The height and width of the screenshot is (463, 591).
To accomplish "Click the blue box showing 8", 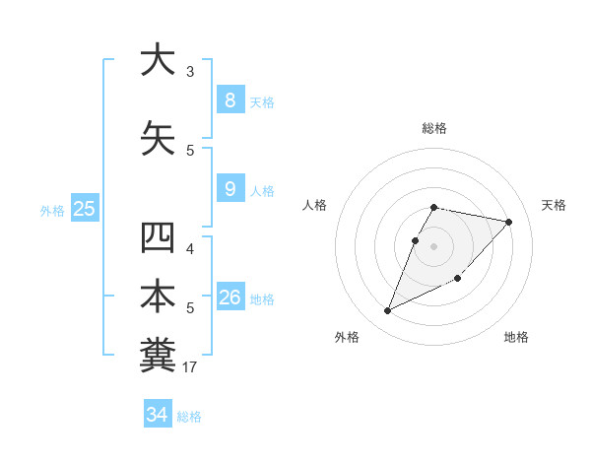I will pos(230,99).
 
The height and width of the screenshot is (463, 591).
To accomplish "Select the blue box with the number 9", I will pos(230,189).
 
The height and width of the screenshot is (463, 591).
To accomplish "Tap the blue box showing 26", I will pos(230,297).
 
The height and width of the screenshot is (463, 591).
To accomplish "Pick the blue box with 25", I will pos(84,209).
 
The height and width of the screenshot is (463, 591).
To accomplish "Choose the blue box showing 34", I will pos(157,415).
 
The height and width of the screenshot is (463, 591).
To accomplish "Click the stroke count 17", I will pos(190,367).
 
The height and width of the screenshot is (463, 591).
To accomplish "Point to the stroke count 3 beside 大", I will pos(190,71).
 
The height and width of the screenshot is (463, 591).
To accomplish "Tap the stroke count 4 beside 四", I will pos(190,248).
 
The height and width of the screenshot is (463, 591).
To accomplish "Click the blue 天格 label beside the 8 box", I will pos(262,101).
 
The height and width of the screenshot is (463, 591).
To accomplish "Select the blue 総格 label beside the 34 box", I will pos(189,417).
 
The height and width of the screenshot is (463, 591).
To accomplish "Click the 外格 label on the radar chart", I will pos(347,337).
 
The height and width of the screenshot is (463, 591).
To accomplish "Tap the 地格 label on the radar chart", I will pos(516,337).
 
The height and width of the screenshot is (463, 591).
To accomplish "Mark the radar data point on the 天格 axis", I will pos(508,223).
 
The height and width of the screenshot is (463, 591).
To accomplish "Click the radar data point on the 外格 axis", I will pos(388,311).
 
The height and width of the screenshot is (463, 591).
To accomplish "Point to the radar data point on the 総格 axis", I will pos(433,207).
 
